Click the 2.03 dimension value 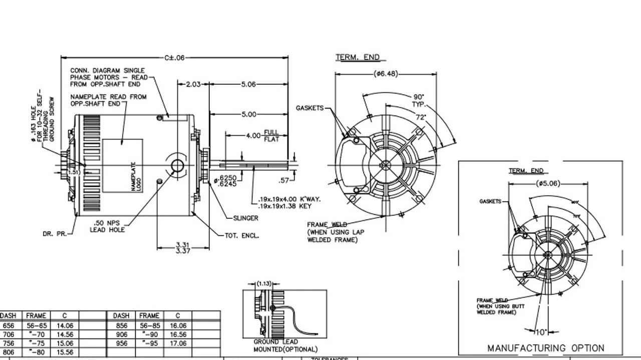coord(193,85)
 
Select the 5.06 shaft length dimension coord(248,85)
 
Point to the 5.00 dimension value coord(249,115)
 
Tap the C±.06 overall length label coord(174,58)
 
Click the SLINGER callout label coord(246,218)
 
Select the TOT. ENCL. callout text coord(242,235)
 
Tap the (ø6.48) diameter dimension coord(386,74)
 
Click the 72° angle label coord(421,117)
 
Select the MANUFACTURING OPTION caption coord(546,348)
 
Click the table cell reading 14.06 coord(65,325)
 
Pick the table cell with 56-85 coord(149,325)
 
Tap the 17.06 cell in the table coord(178,343)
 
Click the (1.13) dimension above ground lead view coord(264,283)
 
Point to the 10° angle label coord(540,331)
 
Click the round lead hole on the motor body coord(177,166)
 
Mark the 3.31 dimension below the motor coord(182,244)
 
